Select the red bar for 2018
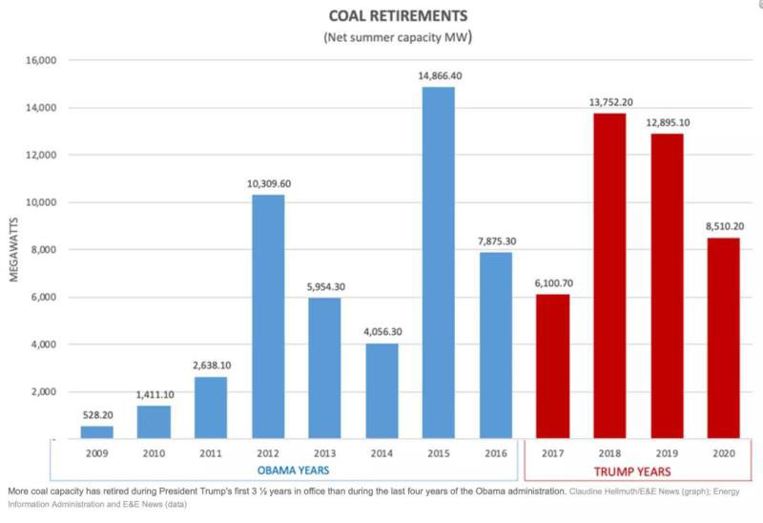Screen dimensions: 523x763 [610, 276]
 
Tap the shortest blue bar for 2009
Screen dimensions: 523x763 [96, 432]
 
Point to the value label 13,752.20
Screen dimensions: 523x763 [610, 100]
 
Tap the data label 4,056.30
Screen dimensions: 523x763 [381, 330]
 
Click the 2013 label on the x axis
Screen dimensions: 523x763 [324, 452]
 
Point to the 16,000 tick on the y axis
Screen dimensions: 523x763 [39, 60]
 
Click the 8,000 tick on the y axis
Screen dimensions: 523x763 [42, 249]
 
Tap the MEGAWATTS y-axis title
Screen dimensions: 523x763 [13, 250]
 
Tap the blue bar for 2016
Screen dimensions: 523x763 [496, 345]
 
